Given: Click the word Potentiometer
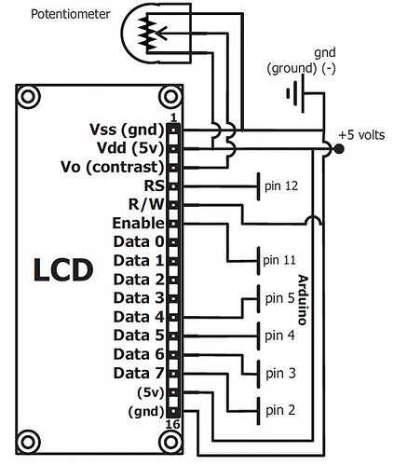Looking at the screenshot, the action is point(71,14).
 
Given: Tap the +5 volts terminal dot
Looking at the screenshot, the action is point(339,149).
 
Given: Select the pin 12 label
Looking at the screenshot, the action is point(281,185).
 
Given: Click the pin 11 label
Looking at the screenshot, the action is point(279,260).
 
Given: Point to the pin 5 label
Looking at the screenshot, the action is point(279,298).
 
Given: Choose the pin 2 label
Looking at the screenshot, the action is point(280,410).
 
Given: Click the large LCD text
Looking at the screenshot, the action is point(63,270).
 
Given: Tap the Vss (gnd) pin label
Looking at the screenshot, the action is point(127,130).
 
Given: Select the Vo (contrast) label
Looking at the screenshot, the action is point(112,167).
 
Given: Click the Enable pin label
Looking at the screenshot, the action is point(138,223).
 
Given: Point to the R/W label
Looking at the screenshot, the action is point(146,204).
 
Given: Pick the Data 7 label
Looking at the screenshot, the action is point(139,373).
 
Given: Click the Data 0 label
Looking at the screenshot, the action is point(139,241).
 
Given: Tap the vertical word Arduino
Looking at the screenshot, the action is point(304,300).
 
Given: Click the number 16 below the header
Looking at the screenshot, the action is point(172,424).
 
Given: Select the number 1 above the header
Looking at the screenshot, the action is point(173,117).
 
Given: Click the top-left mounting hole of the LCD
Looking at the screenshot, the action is point(29,96).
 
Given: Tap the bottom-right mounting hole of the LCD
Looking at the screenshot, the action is point(170,442).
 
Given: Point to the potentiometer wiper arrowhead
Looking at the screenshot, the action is point(162,33).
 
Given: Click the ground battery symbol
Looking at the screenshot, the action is point(295,93).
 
